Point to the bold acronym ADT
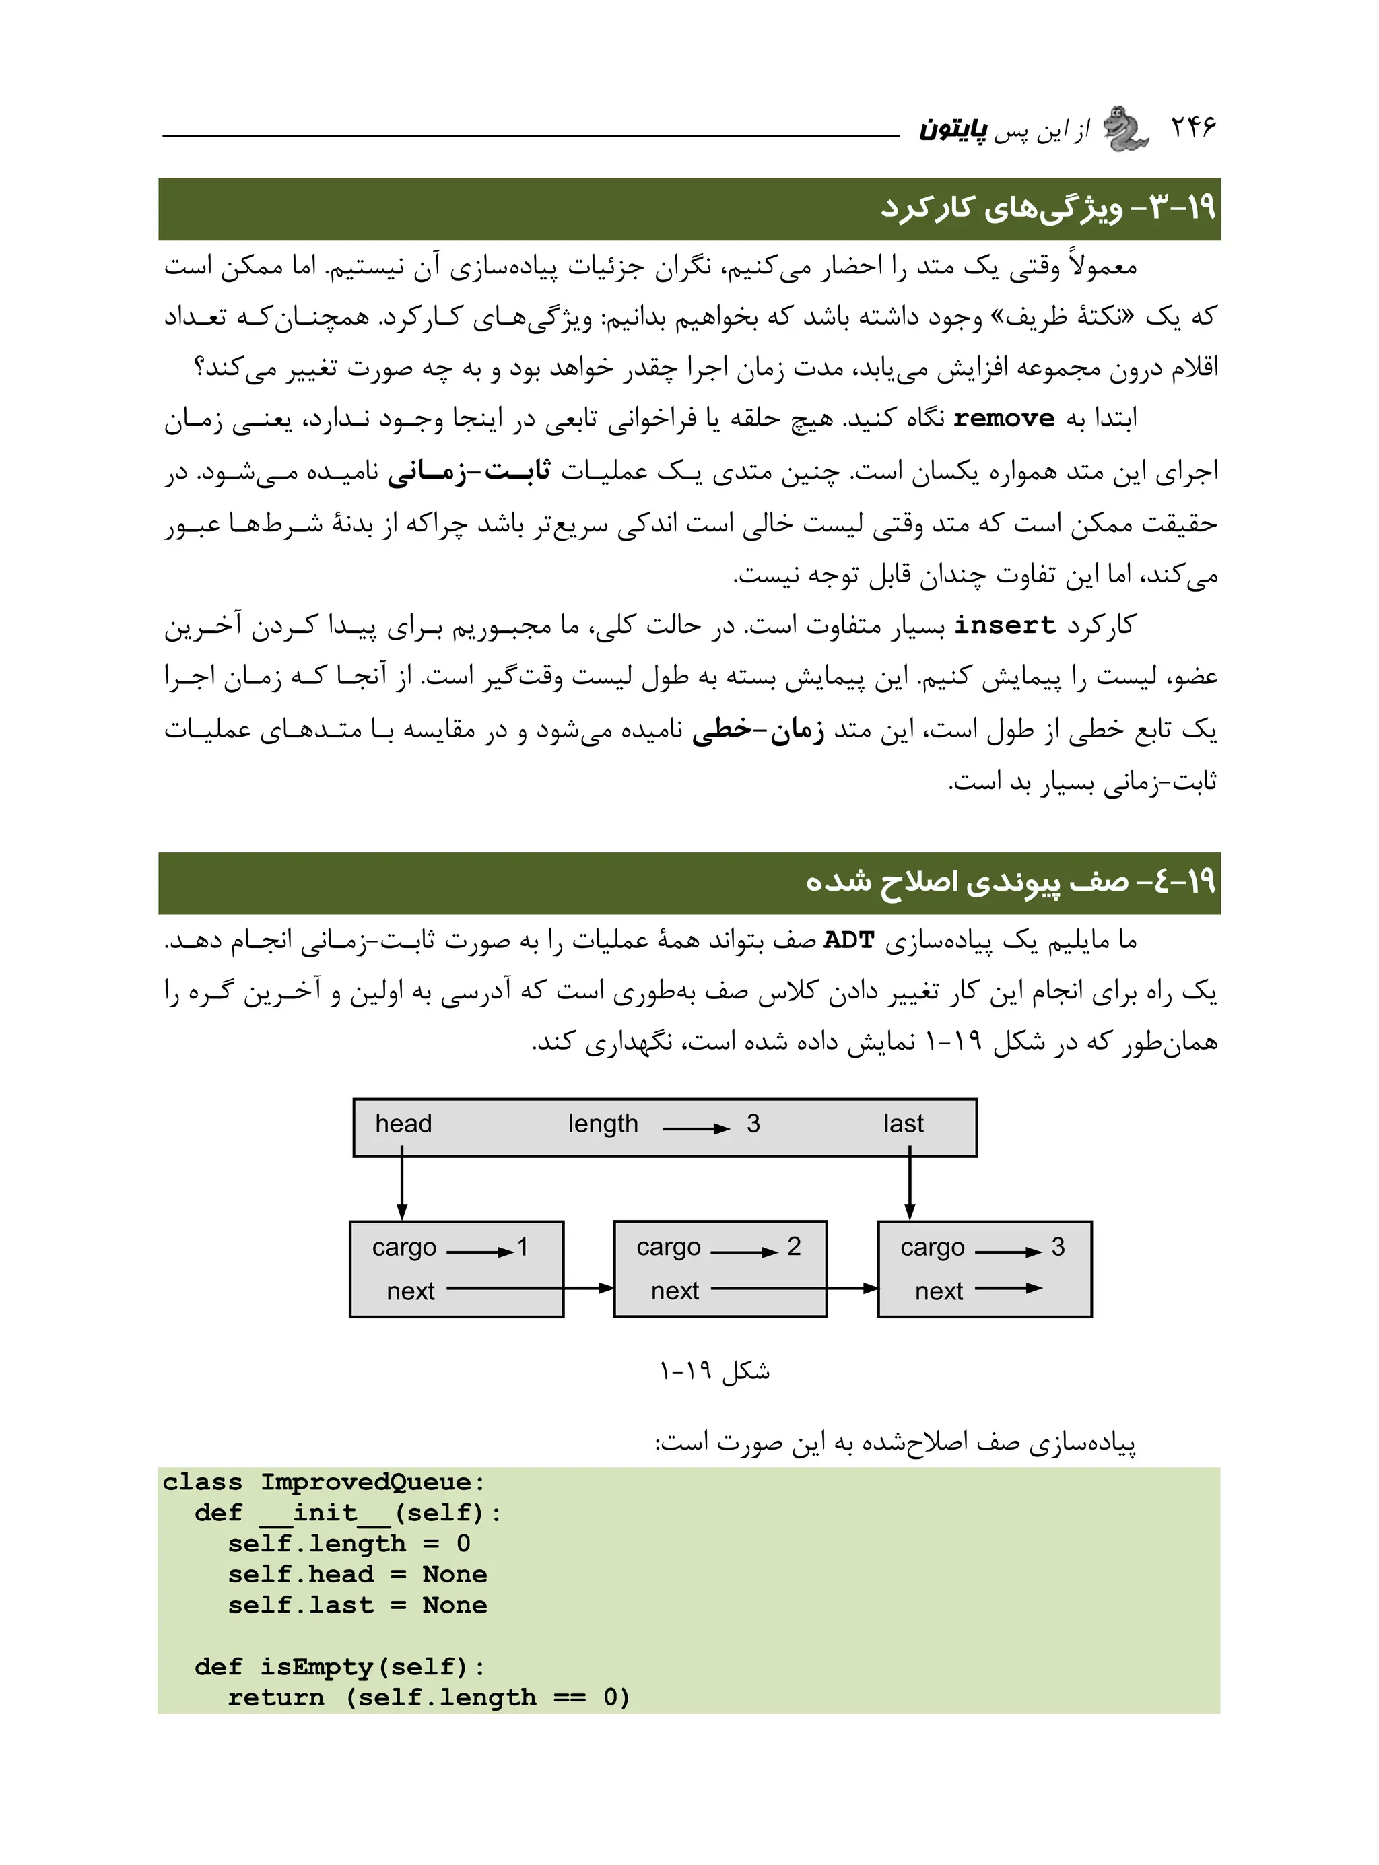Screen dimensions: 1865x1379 click(x=848, y=941)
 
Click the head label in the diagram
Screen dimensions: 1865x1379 click(x=403, y=1124)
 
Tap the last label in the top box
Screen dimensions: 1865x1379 click(x=903, y=1124)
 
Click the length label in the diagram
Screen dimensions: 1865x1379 click(x=603, y=1124)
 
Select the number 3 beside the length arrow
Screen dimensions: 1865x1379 click(x=753, y=1124)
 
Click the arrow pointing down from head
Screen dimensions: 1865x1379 click(x=403, y=1185)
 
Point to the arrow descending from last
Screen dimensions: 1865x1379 click(x=909, y=1185)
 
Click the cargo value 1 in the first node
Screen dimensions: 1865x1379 click(x=523, y=1247)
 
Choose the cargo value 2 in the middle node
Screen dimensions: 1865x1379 click(x=793, y=1247)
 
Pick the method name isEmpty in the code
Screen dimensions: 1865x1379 click(x=316, y=1667)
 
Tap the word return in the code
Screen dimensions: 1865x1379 click(x=275, y=1698)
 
